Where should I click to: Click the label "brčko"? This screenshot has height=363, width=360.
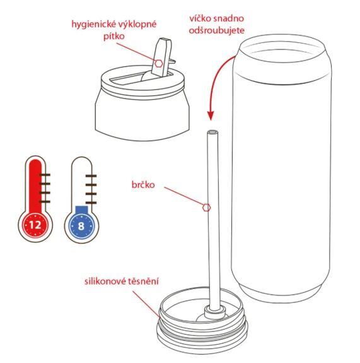tap(142, 186)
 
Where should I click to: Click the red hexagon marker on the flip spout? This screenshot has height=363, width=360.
tap(159, 63)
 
